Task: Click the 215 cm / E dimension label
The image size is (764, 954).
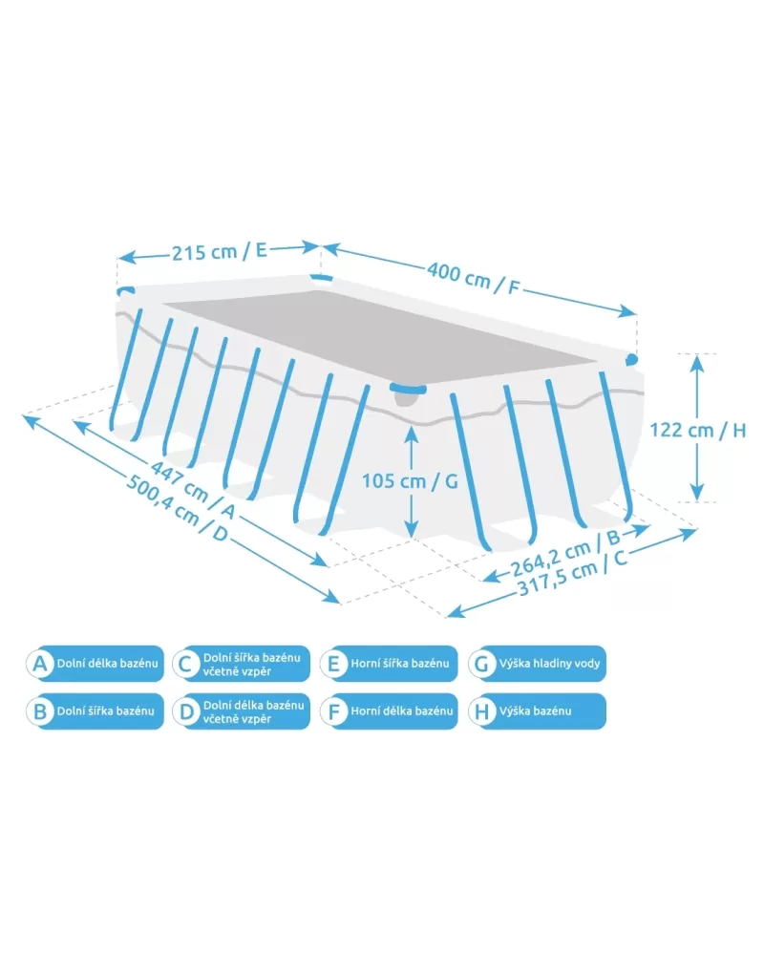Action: click(x=220, y=251)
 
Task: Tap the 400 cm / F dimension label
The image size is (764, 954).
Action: click(x=473, y=278)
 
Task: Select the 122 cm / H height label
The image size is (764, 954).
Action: click(x=698, y=430)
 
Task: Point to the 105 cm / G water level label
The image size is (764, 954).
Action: click(x=410, y=481)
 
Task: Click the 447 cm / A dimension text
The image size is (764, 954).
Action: click(x=192, y=491)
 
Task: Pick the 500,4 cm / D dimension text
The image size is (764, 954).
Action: click(x=177, y=508)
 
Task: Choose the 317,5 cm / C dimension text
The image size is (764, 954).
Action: click(x=572, y=572)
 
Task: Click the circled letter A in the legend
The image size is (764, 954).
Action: click(x=39, y=664)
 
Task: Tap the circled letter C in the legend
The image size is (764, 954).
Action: click(x=185, y=664)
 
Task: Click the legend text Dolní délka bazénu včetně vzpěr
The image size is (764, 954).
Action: click(x=254, y=711)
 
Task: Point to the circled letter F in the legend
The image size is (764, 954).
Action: click(x=333, y=711)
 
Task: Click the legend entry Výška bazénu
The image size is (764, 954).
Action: click(x=537, y=710)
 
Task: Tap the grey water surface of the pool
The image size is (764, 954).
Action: click(x=377, y=335)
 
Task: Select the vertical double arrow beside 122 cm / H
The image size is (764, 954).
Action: click(x=697, y=428)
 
